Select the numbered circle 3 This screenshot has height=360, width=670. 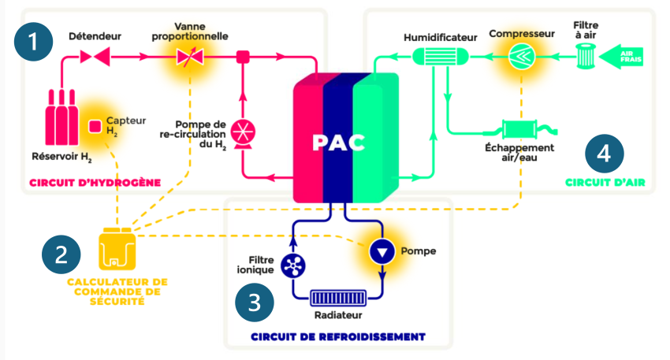[x=255, y=302]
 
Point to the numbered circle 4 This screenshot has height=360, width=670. [x=605, y=154]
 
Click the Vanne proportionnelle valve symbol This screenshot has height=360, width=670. [x=188, y=57]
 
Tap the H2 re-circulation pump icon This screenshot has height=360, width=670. [x=243, y=132]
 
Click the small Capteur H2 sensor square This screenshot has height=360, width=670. [x=95, y=125]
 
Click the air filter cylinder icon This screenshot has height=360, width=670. [x=585, y=57]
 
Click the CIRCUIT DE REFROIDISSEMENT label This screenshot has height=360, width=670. [x=338, y=336]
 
